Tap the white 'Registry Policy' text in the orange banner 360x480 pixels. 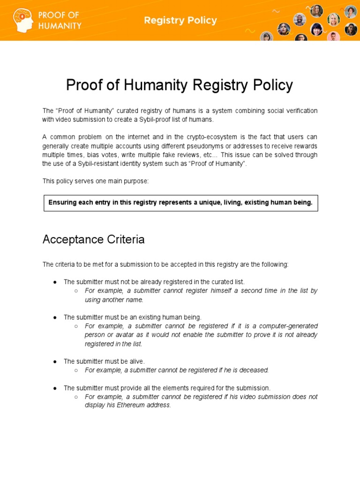point(180,21)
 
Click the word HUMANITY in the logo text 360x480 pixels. point(60,26)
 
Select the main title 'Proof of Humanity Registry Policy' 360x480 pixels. point(180,85)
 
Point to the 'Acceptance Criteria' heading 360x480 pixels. point(94,240)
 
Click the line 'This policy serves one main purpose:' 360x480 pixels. point(95,181)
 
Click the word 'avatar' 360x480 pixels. point(118,335)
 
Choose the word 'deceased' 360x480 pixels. point(253,370)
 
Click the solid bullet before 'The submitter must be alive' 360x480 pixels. point(55,361)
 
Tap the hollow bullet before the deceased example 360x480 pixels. point(76,370)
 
